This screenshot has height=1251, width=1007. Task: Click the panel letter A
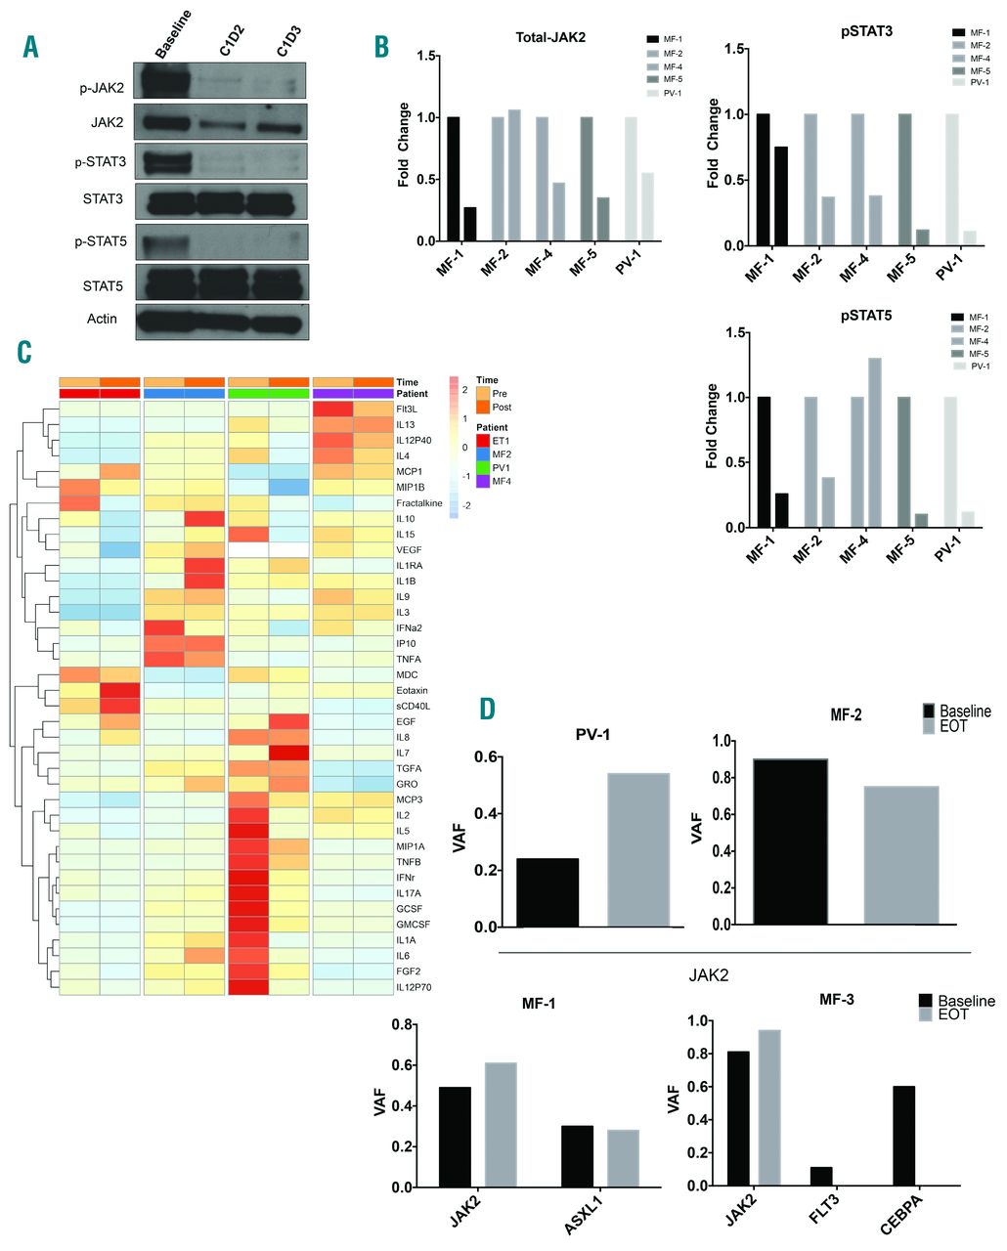click(x=31, y=46)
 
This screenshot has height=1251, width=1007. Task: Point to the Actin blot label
click(x=102, y=319)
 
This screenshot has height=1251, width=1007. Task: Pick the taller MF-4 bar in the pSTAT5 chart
click(x=874, y=443)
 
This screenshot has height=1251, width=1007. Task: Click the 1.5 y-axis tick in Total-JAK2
click(x=427, y=56)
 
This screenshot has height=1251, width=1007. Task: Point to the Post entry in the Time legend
click(x=502, y=407)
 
